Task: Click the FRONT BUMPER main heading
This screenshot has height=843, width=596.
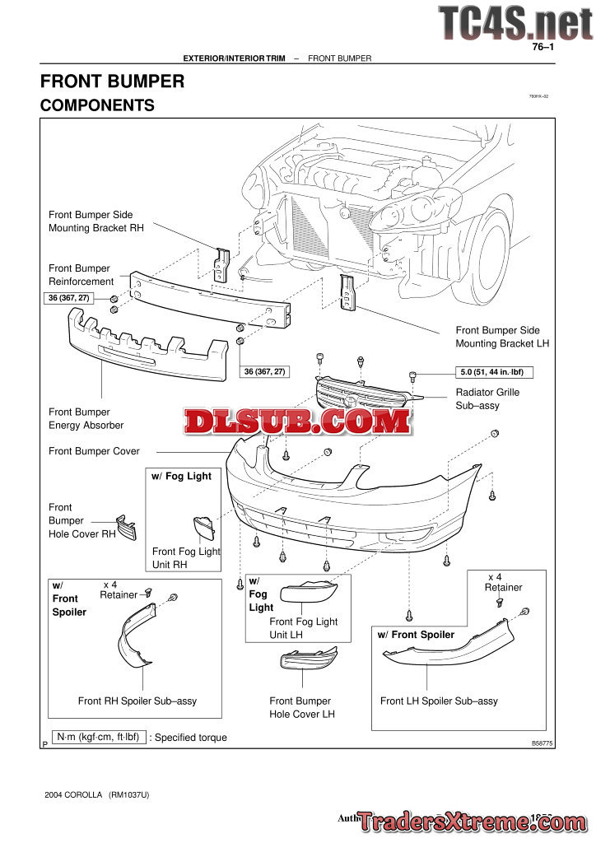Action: tap(112, 82)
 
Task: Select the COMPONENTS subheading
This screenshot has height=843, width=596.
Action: tap(97, 105)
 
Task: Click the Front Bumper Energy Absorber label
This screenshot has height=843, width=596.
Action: tap(86, 418)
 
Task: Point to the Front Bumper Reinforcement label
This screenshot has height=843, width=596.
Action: tap(81, 275)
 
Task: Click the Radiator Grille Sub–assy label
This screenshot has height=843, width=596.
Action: tap(488, 398)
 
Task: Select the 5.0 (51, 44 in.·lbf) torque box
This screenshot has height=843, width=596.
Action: tap(492, 372)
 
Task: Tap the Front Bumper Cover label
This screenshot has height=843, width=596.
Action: tap(94, 451)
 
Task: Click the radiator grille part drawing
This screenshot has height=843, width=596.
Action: tap(362, 394)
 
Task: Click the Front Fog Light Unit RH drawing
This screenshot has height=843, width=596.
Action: tap(203, 527)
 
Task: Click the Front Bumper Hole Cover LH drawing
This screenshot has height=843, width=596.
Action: tap(308, 659)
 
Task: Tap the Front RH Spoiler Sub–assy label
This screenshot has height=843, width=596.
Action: tap(137, 701)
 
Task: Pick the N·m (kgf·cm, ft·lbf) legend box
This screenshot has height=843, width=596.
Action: tap(97, 737)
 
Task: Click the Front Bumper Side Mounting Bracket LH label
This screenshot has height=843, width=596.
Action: tap(502, 337)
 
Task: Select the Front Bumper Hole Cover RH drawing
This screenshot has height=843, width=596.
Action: tap(127, 528)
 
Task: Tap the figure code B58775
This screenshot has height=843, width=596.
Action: tap(542, 743)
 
